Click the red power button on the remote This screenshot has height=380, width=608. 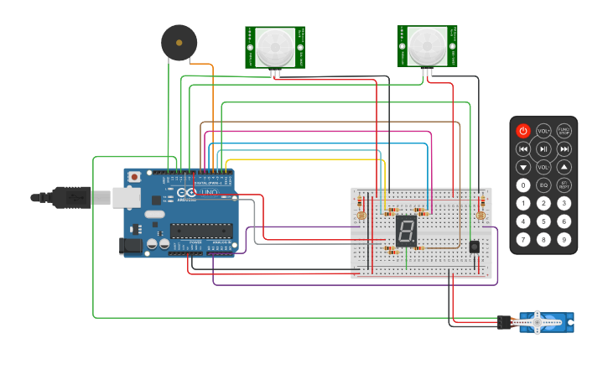tap(523, 131)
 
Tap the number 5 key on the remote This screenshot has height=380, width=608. tap(543, 222)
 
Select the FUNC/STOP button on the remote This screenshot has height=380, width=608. tap(564, 131)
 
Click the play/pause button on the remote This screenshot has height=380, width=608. tap(543, 149)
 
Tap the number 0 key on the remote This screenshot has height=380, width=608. tap(523, 185)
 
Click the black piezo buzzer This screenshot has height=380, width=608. tap(179, 42)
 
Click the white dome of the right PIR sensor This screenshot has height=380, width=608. tap(428, 44)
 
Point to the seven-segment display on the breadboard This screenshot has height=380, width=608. tap(406, 231)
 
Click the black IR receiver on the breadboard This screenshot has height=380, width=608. tap(475, 247)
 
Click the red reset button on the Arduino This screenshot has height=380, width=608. tap(134, 177)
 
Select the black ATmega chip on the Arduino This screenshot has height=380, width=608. tap(200, 230)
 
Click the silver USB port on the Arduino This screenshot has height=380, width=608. tap(127, 197)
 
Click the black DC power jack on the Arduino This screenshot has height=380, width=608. tap(131, 245)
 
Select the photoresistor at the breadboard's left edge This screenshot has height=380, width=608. tap(361, 216)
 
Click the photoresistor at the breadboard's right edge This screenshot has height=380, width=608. tap(481, 216)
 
